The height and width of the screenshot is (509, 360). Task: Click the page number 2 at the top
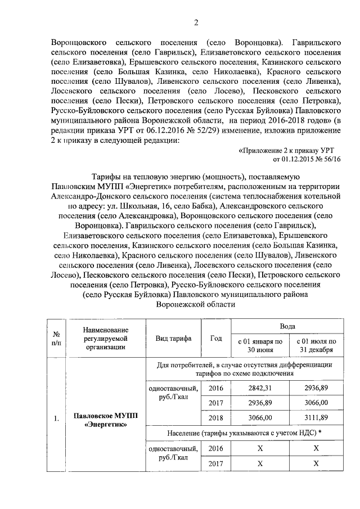pyautogui.click(x=196, y=22)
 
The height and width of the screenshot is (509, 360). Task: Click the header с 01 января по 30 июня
pyautogui.click(x=259, y=345)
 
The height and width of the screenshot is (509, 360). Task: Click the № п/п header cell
pyautogui.click(x=56, y=338)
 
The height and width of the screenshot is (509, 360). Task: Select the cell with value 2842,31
pyautogui.click(x=259, y=388)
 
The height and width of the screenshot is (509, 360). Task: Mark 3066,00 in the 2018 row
pyautogui.click(x=259, y=418)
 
